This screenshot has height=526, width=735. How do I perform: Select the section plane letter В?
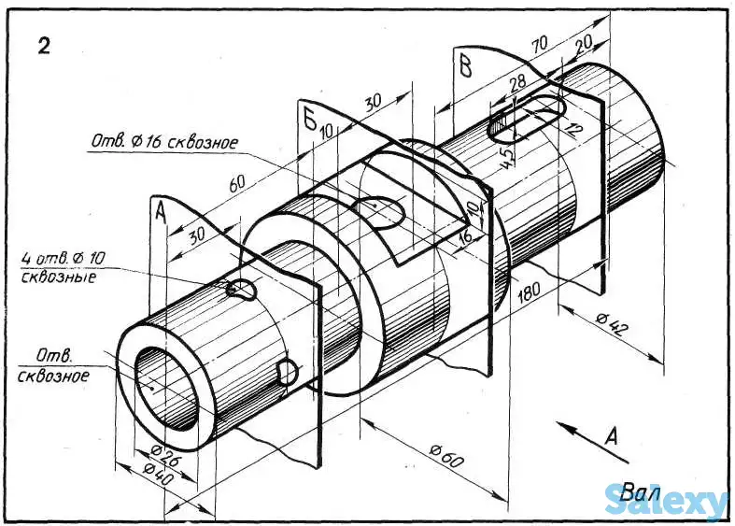[465, 65]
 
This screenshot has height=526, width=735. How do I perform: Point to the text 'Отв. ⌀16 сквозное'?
[163, 143]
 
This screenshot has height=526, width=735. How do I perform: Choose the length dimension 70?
[538, 44]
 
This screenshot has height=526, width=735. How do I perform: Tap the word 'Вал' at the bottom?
[639, 490]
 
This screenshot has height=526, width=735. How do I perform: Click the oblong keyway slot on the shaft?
[525, 120]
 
